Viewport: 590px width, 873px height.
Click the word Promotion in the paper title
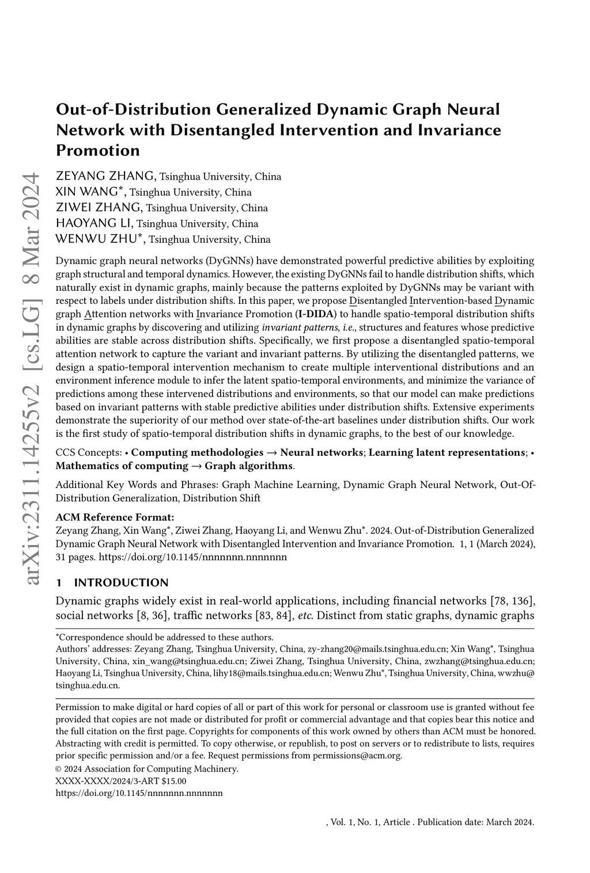tap(98, 151)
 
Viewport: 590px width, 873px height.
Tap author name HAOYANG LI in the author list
tap(94, 223)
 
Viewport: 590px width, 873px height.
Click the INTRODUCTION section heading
tap(121, 582)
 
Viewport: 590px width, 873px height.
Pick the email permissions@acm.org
tap(357, 756)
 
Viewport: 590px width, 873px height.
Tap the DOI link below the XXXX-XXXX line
tap(139, 793)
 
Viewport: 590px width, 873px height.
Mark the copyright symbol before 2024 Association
tap(59, 769)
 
